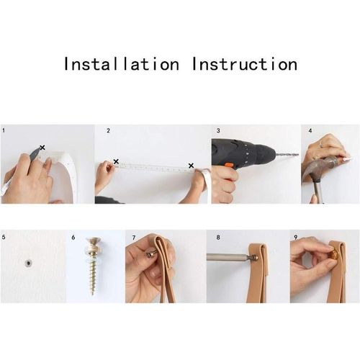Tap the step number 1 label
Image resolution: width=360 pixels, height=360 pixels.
pyautogui.click(x=4, y=131)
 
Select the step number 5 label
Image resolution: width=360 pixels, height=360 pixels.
pyautogui.click(x=4, y=237)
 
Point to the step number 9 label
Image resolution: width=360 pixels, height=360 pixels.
pyautogui.click(x=294, y=237)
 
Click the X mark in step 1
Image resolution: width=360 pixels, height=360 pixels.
pyautogui.click(x=42, y=148)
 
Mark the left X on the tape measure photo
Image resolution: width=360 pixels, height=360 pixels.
pyautogui.click(x=116, y=162)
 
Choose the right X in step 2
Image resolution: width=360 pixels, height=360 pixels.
pyautogui.click(x=191, y=166)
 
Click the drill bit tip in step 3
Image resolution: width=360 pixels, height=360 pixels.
pyautogui.click(x=296, y=155)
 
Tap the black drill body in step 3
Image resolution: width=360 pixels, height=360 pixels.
pyautogui.click(x=234, y=153)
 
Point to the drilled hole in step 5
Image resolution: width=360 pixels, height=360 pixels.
pyautogui.click(x=27, y=264)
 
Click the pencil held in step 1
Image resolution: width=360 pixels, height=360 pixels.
pyautogui.click(x=35, y=153)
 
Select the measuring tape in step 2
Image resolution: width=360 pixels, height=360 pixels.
pyautogui.click(x=155, y=167)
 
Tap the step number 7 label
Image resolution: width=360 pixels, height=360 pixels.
pyautogui.click(x=133, y=237)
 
